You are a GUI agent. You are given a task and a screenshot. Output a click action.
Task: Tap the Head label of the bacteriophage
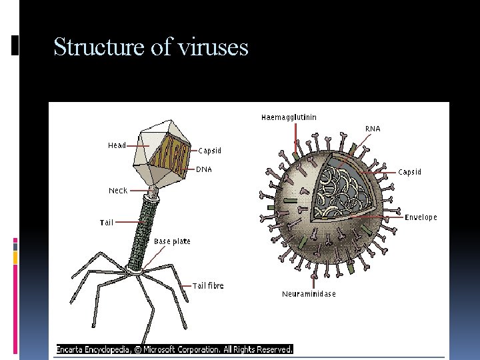[117, 145]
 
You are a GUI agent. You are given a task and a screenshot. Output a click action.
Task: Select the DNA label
[204, 169]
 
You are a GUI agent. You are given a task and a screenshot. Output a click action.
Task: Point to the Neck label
[118, 191]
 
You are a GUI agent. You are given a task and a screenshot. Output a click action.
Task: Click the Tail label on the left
[107, 223]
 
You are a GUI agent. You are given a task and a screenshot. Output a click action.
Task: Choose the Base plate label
[172, 241]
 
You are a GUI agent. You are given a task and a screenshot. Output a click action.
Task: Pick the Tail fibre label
[208, 286]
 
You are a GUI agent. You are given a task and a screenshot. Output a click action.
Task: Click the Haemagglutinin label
[289, 117]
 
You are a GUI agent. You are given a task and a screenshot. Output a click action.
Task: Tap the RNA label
[373, 129]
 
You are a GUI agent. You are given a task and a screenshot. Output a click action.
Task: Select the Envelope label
[421, 217]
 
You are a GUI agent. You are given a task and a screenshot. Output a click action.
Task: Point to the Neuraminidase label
[309, 294]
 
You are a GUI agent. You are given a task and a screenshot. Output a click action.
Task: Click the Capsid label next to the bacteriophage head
[209, 151]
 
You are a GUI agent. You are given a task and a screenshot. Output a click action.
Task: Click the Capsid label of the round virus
[409, 172]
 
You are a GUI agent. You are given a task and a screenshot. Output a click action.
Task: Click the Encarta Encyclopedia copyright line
[175, 349]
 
